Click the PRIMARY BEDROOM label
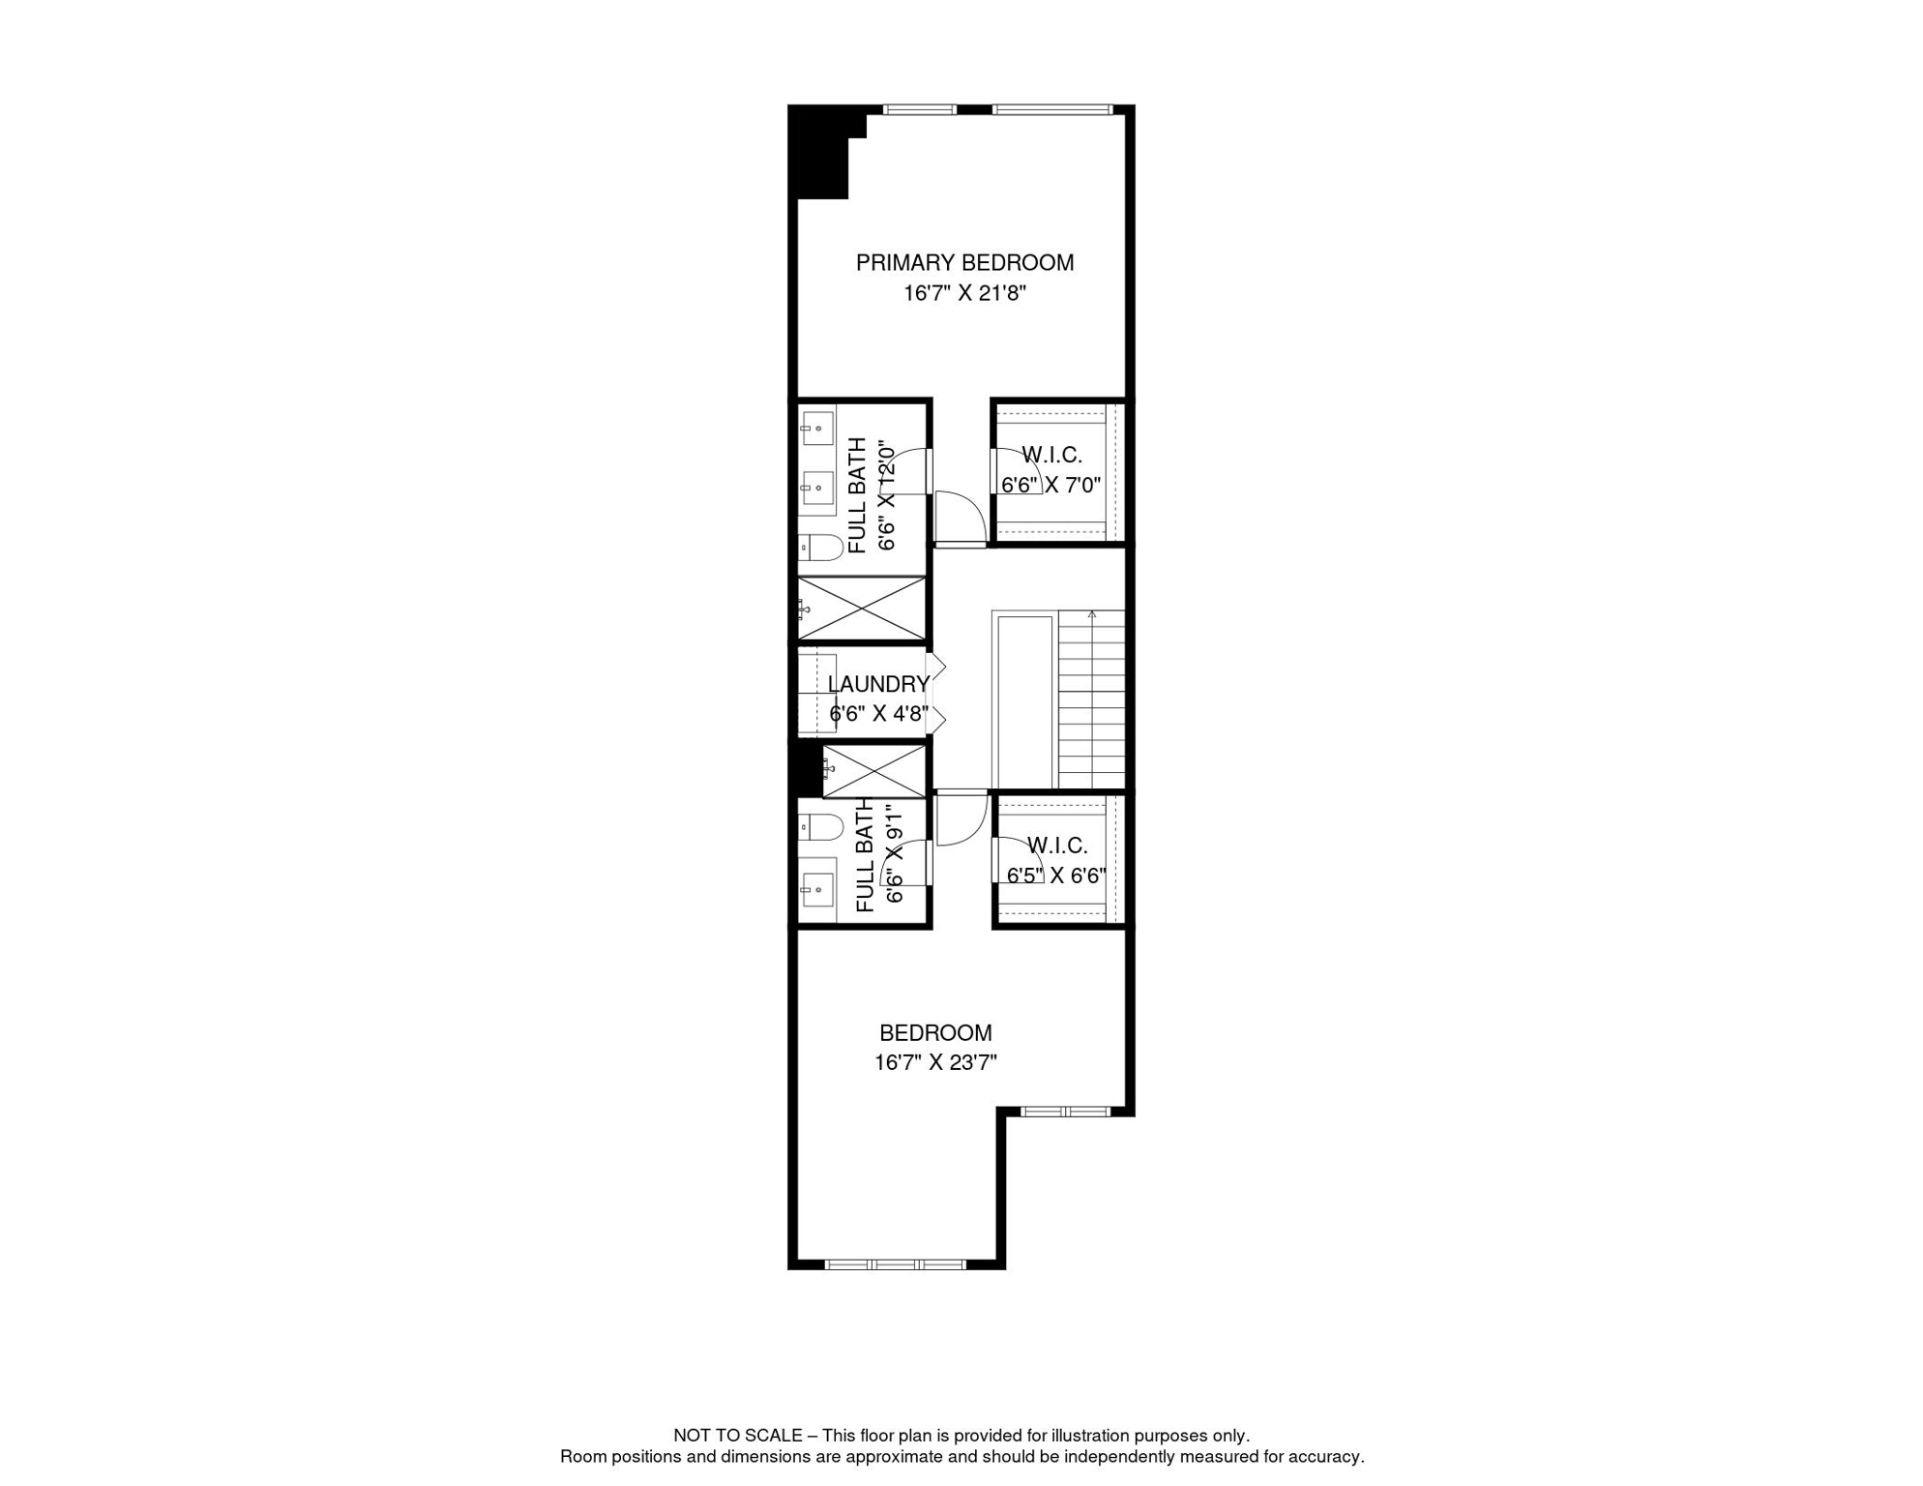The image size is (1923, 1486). click(x=964, y=263)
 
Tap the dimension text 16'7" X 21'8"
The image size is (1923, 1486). click(x=964, y=293)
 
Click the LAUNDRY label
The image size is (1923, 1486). click(x=878, y=685)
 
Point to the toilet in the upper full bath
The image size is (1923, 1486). click(x=821, y=548)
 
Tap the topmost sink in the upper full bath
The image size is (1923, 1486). click(x=817, y=428)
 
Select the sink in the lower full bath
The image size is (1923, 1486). click(x=817, y=889)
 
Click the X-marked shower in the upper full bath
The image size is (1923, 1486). click(x=861, y=609)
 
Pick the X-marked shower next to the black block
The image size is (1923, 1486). click(x=873, y=771)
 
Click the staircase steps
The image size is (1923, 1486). click(x=1092, y=698)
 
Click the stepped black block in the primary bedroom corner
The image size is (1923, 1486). click(x=820, y=155)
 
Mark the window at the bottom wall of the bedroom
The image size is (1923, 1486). click(x=895, y=1264)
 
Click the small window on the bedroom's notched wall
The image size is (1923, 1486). click(x=1065, y=1112)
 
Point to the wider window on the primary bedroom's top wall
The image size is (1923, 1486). click(x=1052, y=109)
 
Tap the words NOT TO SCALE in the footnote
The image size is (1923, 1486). click(x=738, y=1436)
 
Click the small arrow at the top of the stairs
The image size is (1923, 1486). click(x=1092, y=614)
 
